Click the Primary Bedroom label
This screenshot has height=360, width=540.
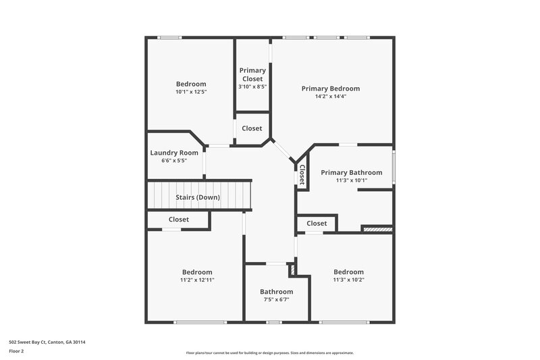330,88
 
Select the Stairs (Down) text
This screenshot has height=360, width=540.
198,197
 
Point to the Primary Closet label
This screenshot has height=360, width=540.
252,74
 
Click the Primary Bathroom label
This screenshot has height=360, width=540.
351,172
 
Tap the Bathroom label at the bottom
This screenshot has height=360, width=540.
277,292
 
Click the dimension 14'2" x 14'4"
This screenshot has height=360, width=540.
330,97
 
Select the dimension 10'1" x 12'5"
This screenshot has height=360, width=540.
191,92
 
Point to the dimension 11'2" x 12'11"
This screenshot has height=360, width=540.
197,280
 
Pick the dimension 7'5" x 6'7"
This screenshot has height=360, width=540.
277,299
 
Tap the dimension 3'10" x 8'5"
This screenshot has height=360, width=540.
252,86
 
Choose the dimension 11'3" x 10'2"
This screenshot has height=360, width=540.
348,280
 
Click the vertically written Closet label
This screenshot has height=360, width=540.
302,175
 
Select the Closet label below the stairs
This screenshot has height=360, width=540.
179,220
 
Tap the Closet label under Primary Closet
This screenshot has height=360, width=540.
252,128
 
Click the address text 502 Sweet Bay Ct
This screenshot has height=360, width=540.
47,342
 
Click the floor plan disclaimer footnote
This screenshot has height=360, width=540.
270,353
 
